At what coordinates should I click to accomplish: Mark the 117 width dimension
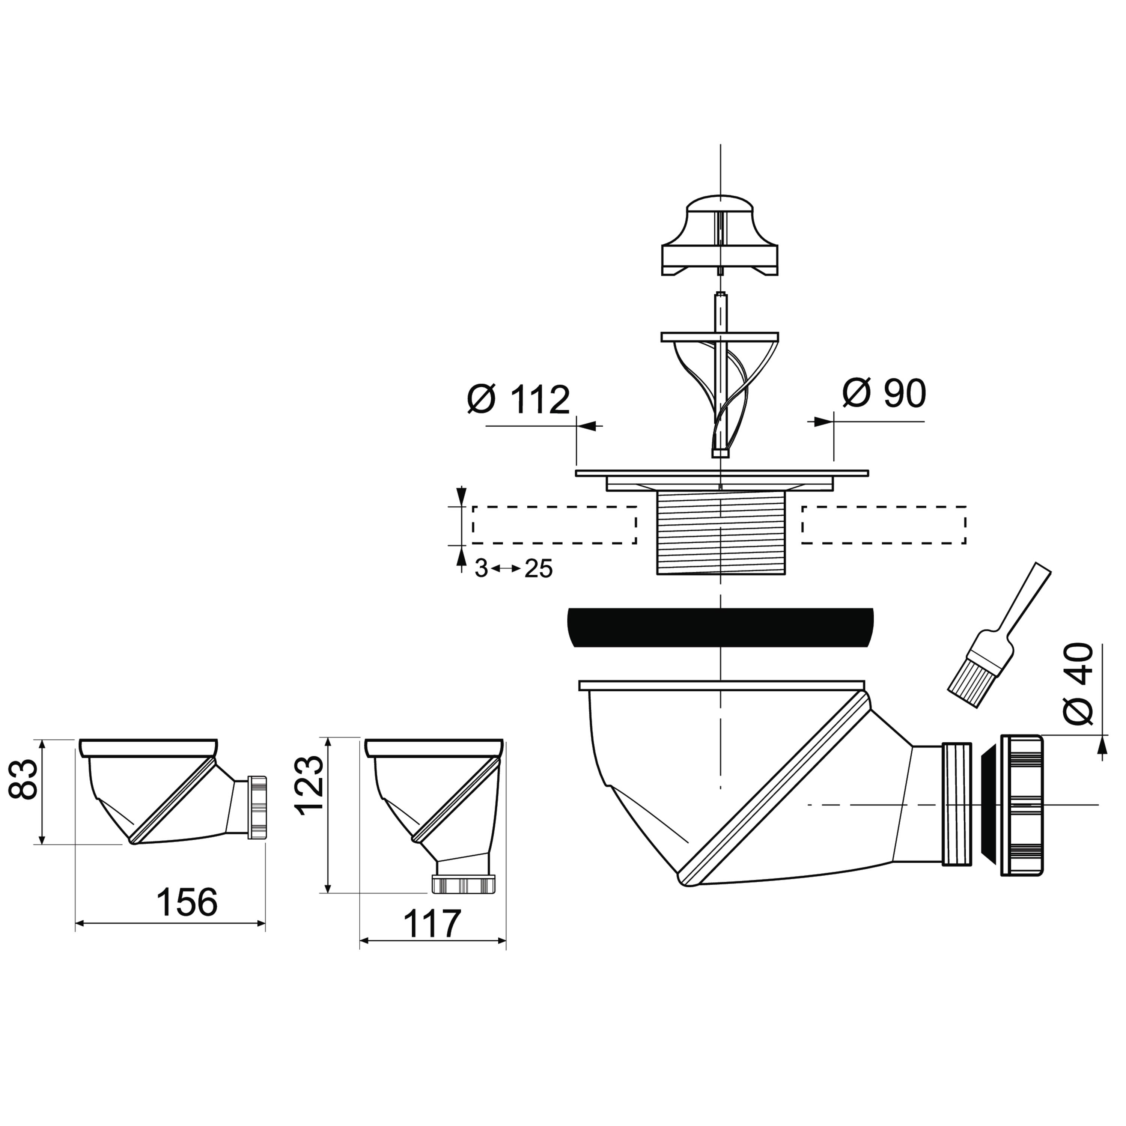pos(432,924)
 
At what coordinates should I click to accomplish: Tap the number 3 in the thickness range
pos(481,569)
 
